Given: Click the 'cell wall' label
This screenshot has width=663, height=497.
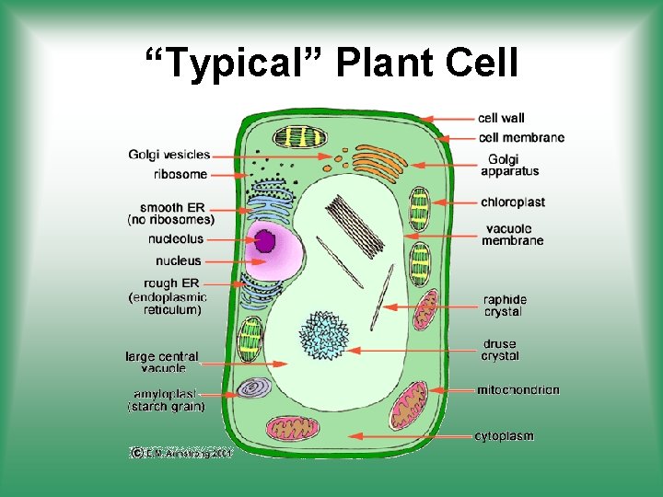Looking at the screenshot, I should (501, 118).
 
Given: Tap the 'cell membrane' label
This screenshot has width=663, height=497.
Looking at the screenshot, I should (521, 137).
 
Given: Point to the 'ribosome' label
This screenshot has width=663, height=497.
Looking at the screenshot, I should (180, 174).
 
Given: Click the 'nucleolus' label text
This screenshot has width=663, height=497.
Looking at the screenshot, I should (176, 239).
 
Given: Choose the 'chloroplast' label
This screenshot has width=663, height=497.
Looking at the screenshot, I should (513, 202).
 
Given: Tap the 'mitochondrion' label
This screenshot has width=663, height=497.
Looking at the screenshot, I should (518, 390).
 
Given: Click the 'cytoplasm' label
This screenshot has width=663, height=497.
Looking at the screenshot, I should (504, 435).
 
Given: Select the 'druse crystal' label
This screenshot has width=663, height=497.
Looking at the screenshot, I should (500, 350).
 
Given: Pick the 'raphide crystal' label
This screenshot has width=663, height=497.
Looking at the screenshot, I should (506, 306).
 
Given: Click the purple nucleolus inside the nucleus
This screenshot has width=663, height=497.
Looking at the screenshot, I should (266, 241).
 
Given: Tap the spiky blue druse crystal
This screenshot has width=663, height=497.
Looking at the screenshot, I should (323, 334).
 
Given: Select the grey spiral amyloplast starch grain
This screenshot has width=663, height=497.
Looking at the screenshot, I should (251, 388).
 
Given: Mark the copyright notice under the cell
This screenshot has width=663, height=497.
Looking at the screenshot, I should (180, 453).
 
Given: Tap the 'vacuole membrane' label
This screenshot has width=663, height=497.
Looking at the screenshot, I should (513, 235).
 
